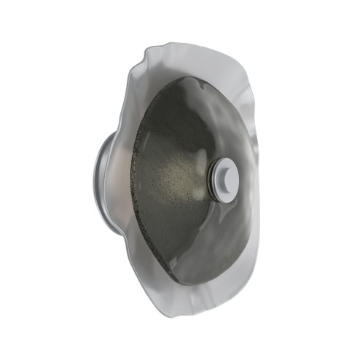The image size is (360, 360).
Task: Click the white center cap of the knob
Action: pos(225,179)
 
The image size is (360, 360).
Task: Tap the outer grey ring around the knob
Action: pos(214,181)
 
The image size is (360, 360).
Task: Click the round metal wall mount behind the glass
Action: pos(106,182)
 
